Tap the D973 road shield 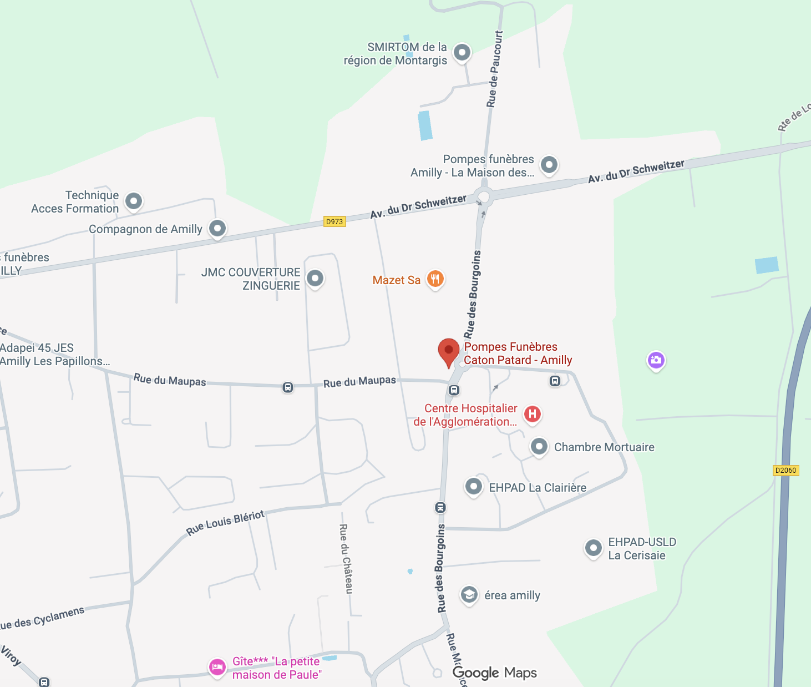click(334, 221)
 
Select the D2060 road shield click(785, 470)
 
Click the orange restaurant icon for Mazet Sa click(435, 279)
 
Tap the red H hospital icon click(533, 414)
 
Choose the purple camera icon click(656, 360)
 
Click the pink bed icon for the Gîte click(217, 666)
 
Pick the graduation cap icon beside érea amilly click(469, 595)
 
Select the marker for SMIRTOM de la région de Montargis click(462, 53)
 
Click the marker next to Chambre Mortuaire click(539, 446)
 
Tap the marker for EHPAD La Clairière click(473, 487)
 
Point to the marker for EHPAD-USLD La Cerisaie click(594, 548)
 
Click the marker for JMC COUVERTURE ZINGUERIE click(315, 278)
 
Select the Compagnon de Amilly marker click(217, 228)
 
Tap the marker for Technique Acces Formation click(134, 201)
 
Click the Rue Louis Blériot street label click(225, 523)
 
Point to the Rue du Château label click(346, 558)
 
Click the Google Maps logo click(495, 673)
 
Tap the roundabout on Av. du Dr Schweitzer click(484, 196)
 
